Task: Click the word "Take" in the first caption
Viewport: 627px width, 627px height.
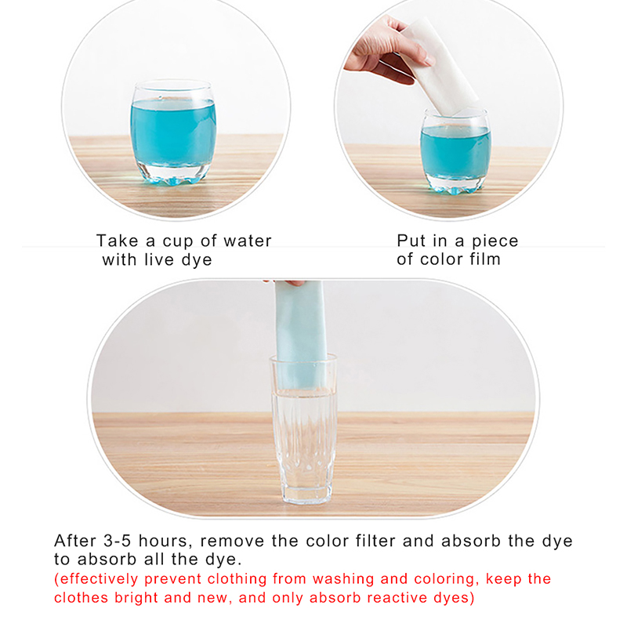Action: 116,241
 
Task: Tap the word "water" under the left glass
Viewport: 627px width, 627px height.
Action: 248,241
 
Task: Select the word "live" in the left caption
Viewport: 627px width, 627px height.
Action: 159,259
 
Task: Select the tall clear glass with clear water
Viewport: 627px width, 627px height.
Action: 303,429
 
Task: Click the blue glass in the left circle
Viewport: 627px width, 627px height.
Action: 173,132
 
